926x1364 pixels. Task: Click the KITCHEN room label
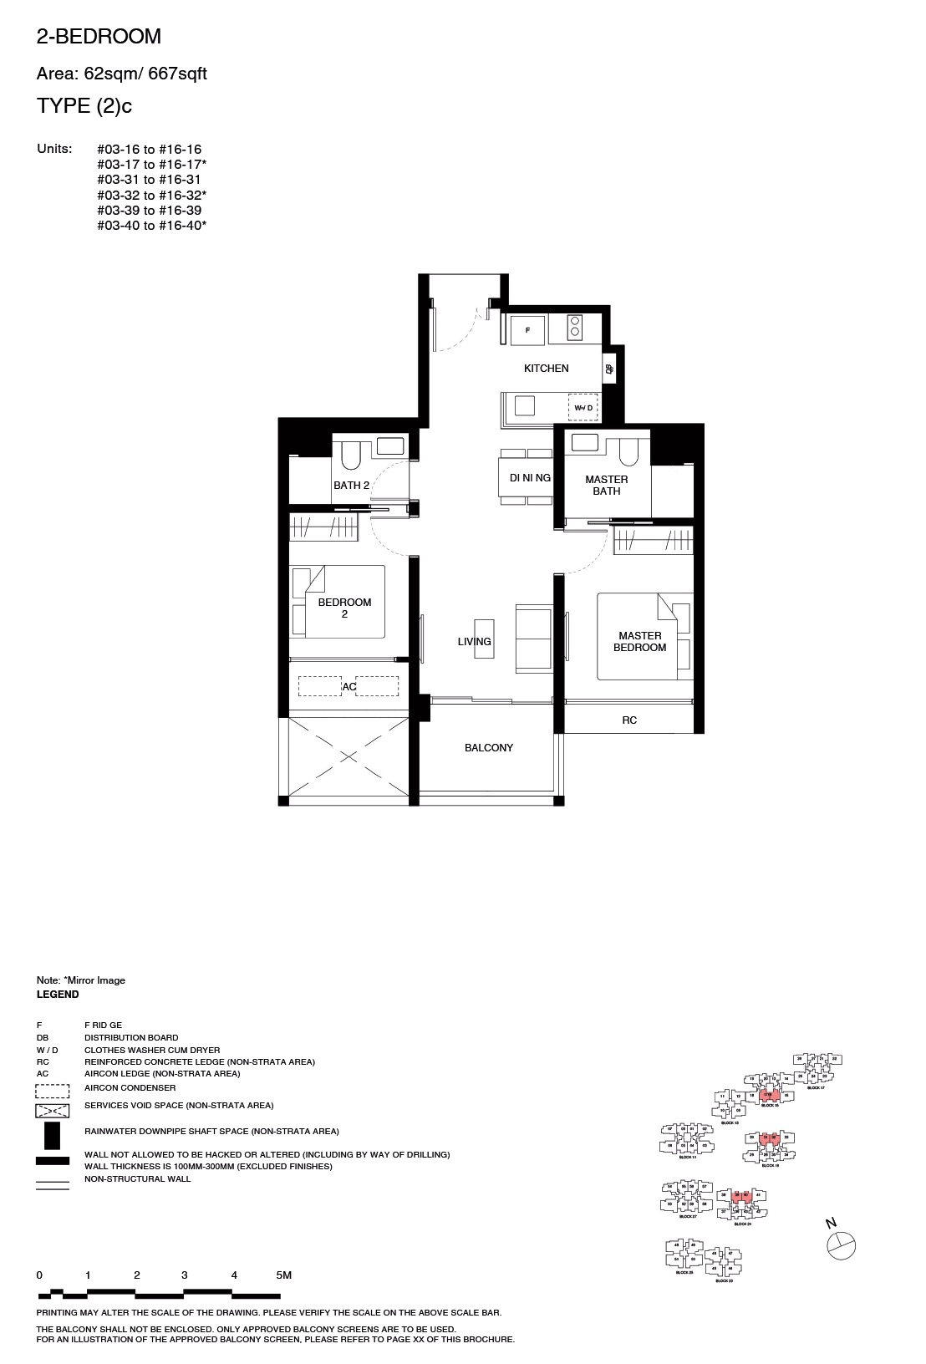[x=546, y=369]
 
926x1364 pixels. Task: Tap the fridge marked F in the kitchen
[x=527, y=330]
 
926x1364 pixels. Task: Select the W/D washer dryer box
[x=583, y=407]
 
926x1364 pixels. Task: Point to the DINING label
[x=530, y=478]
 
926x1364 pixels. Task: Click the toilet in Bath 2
[x=350, y=455]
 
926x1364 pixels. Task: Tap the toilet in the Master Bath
[x=628, y=451]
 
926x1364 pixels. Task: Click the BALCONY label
[x=489, y=748]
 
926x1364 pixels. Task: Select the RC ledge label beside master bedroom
[x=629, y=720]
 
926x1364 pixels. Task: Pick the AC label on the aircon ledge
[x=349, y=687]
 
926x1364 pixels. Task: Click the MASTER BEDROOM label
[x=639, y=642]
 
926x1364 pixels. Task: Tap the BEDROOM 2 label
[x=344, y=608]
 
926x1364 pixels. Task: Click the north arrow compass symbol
[x=840, y=1244]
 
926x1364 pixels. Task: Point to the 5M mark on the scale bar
[x=283, y=1275]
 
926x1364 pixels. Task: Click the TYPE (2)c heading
[x=84, y=106]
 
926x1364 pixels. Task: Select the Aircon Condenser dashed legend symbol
[x=52, y=1090]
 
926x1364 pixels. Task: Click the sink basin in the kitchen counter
[x=525, y=405]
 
